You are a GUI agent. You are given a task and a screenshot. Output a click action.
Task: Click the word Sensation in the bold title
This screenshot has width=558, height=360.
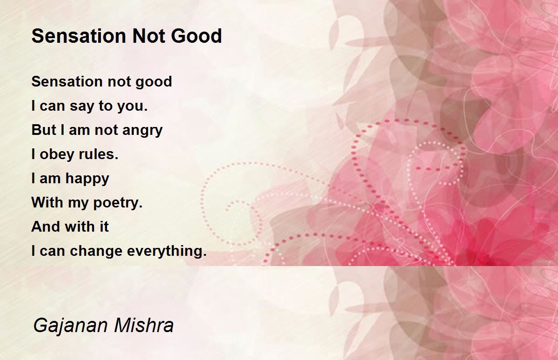pos(79,36)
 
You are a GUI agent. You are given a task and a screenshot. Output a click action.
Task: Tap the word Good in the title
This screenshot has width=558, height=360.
pos(196,36)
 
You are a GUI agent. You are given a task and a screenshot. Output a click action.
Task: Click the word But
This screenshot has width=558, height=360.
pos(44,130)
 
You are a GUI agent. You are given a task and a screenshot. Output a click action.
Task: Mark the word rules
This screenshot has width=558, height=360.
pos(99,154)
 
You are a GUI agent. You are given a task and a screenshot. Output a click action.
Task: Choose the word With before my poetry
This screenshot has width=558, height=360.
pos(47,202)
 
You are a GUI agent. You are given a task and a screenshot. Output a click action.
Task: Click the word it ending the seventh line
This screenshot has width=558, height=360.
pos(104,227)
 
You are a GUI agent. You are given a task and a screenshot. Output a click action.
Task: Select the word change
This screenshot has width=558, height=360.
pos(96,251)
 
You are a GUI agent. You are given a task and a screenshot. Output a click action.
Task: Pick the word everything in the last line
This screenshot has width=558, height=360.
pos(167,251)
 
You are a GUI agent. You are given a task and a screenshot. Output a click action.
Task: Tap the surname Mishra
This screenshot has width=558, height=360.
pos(144,325)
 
